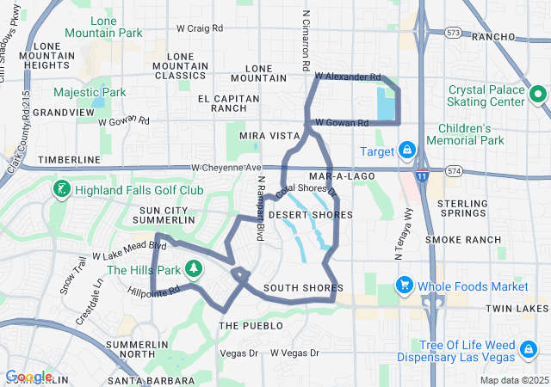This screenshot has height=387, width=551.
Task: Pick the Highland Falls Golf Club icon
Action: coord(62,189)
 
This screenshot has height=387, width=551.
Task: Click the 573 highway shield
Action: coord(454,33)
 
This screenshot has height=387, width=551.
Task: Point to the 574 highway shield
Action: coord(453,172)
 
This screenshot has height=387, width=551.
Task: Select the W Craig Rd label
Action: coord(199,28)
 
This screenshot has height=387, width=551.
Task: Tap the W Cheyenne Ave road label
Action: coord(226,168)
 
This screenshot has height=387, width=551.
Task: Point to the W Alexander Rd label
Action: coord(347,77)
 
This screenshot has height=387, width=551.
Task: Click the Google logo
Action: coord(28,377)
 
